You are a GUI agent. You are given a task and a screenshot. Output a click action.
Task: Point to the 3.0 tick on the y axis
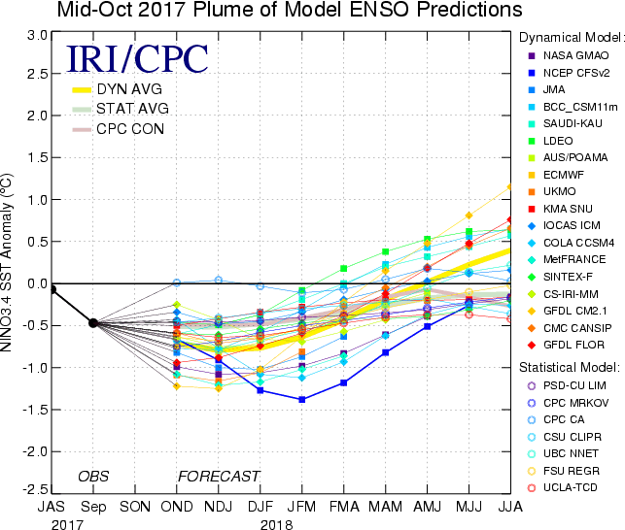(37, 34)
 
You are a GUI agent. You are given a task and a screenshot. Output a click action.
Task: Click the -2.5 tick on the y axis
(35, 488)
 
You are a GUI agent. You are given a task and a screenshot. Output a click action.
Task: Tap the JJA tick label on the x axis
(510, 507)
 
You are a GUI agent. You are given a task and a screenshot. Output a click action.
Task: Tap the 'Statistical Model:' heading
(569, 368)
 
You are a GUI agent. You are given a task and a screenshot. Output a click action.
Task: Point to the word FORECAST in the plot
(218, 476)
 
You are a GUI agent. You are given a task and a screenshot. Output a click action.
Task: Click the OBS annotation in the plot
(93, 476)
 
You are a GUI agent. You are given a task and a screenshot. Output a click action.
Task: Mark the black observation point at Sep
(93, 323)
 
